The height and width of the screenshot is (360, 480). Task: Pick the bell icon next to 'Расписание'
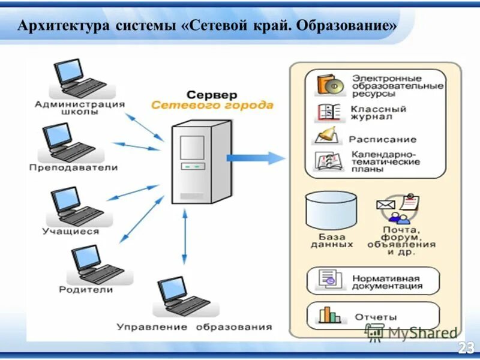(x=328, y=136)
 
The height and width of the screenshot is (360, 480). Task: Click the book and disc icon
(x=329, y=86)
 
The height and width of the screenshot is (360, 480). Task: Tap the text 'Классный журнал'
(x=379, y=113)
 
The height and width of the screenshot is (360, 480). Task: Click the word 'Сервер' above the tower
(x=211, y=95)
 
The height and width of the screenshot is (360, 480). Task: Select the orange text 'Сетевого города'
(x=212, y=106)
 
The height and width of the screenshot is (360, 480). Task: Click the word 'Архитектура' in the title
(x=60, y=26)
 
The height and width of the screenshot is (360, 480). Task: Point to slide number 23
(x=466, y=347)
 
